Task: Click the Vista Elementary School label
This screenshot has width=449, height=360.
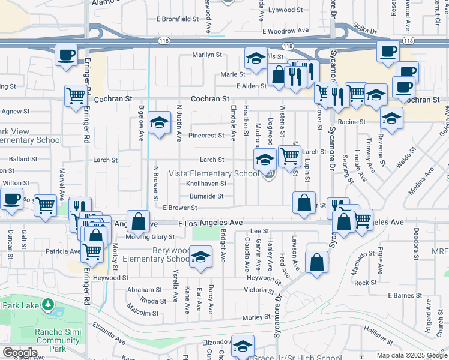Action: [x=214, y=174]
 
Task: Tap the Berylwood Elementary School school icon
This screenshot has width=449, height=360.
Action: [x=200, y=257]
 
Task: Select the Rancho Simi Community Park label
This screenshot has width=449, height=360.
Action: [x=58, y=340]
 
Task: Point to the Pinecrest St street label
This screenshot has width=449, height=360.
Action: [x=206, y=136]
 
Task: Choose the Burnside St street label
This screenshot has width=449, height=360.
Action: [x=207, y=196]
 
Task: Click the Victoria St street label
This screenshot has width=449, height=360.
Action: [x=259, y=290]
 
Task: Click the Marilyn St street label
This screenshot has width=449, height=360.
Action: [x=207, y=55]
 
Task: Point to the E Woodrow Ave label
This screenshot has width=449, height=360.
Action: [x=285, y=31]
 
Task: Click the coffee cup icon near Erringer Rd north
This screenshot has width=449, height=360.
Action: [x=66, y=55]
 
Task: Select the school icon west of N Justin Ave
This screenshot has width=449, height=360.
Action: [x=158, y=124]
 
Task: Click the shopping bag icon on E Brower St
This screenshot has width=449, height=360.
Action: [x=304, y=202]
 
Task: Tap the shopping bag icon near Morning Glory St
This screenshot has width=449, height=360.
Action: [x=138, y=221]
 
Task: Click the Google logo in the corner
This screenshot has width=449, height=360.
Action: [x=20, y=352]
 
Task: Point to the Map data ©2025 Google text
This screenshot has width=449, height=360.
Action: [x=412, y=355]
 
